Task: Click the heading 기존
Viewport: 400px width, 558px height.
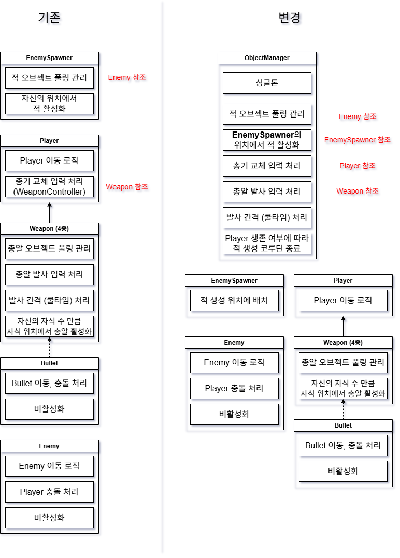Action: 49,18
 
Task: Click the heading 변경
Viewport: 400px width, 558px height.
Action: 290,18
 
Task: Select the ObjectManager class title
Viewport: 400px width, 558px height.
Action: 267,58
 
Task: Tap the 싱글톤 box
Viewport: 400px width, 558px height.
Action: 267,83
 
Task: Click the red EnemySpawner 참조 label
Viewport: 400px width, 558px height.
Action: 357,140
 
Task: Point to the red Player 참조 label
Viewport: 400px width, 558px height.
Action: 357,166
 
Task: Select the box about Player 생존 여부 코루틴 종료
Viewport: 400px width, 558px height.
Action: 267,243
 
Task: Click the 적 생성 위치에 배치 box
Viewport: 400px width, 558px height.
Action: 234,300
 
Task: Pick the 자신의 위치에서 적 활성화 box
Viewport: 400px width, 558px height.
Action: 49,104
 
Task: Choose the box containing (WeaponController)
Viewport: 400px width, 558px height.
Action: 49,186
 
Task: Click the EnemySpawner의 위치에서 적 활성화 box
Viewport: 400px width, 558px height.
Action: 267,140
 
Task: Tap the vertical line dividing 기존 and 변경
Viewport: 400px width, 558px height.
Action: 161,311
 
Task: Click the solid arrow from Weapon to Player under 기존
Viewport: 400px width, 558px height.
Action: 49,212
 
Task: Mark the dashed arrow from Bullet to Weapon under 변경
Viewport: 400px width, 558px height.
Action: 343,412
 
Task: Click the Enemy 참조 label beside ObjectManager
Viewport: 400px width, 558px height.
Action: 357,116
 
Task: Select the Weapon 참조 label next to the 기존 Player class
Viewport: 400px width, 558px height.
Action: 127,187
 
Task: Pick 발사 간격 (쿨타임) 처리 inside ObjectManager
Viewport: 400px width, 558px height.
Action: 267,217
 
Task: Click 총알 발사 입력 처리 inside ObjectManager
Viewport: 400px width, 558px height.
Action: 267,192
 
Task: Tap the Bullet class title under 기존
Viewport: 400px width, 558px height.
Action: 49,363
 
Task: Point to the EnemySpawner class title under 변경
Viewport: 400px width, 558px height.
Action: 234,281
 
